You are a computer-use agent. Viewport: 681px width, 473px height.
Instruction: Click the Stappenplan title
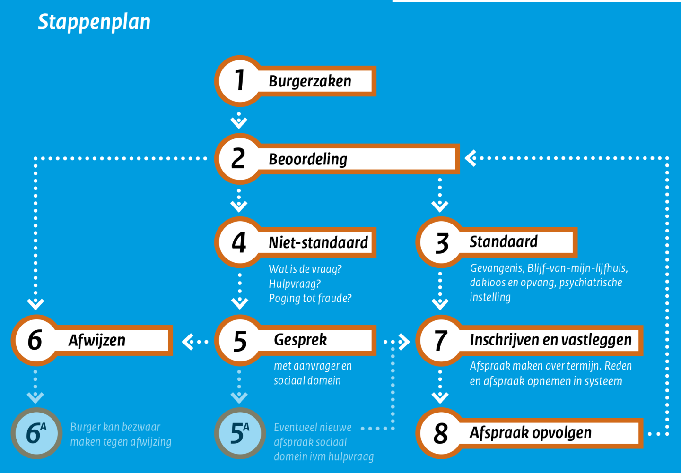[x=94, y=22]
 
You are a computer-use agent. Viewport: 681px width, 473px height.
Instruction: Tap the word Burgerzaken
[x=310, y=81]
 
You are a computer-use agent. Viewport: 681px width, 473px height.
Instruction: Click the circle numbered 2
[x=239, y=158]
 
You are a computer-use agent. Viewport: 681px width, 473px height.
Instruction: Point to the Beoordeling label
[x=308, y=159]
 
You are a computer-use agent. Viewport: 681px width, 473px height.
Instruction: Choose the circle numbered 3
[x=441, y=242]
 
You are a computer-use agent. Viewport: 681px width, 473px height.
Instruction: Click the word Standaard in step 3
[x=503, y=242]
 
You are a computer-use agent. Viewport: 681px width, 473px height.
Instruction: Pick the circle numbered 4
[x=239, y=242]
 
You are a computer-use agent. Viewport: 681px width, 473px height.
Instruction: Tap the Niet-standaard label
[x=318, y=243]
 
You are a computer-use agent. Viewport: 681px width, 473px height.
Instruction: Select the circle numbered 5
[x=240, y=340]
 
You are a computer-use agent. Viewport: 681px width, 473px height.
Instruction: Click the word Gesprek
[x=300, y=340]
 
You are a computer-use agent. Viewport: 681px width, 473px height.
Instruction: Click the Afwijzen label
[x=97, y=340]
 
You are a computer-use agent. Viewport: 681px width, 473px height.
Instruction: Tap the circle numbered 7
[x=441, y=340]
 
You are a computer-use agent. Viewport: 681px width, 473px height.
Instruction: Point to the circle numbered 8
[x=441, y=433]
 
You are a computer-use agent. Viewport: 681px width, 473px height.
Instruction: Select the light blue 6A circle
[x=36, y=433]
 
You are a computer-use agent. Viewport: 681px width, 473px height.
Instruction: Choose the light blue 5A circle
[x=240, y=433]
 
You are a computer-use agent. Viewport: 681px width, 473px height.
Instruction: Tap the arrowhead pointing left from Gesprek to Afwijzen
[x=187, y=341]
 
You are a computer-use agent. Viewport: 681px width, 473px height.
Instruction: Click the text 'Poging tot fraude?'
[x=310, y=299]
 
